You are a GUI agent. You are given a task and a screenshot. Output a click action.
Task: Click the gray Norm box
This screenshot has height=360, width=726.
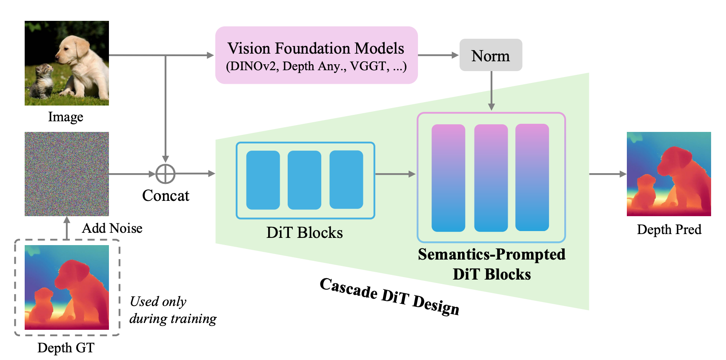[491, 55]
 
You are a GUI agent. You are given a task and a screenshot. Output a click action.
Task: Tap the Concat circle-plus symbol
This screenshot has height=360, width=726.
[166, 174]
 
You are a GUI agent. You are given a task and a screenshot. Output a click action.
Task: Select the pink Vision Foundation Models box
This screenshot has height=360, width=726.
[316, 55]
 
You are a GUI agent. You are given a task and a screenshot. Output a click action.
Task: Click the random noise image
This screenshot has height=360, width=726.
[67, 174]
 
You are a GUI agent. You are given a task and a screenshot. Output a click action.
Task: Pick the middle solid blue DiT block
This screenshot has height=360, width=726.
[304, 180]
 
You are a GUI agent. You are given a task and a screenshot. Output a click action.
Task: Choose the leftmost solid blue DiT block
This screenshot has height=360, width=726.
[263, 180]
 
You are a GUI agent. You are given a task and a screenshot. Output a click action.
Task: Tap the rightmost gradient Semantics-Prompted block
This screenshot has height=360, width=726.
[532, 177]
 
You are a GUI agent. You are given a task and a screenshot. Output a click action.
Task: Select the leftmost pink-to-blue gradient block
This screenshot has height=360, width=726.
[448, 178]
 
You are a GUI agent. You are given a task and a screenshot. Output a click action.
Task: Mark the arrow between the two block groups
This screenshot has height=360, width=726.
[395, 174]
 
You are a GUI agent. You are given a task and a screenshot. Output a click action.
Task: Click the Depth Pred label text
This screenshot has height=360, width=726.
[669, 229]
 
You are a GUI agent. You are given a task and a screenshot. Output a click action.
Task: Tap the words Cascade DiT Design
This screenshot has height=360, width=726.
[389, 296]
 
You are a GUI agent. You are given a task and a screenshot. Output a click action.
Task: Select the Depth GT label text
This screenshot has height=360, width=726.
[66, 348]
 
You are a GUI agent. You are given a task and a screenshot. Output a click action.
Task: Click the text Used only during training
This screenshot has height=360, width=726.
[173, 310]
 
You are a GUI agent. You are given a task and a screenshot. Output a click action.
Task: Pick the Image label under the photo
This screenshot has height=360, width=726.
[66, 117]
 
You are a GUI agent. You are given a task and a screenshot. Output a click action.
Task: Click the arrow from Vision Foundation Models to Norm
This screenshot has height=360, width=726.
[438, 55]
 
